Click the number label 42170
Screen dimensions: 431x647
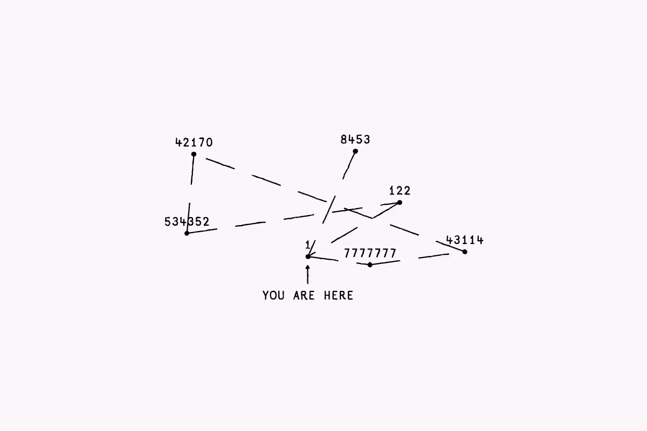pyautogui.click(x=194, y=143)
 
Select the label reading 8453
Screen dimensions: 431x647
pyautogui.click(x=355, y=140)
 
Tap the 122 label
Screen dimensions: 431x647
pyautogui.click(x=400, y=191)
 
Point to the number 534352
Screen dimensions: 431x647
pyautogui.click(x=187, y=222)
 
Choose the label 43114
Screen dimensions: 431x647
pyautogui.click(x=465, y=240)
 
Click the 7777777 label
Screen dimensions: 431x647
pyautogui.click(x=370, y=253)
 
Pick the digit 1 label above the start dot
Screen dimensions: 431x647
pyautogui.click(x=308, y=246)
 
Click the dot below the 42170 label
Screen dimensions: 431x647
pyautogui.click(x=194, y=155)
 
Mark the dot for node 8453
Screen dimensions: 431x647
pyautogui.click(x=355, y=151)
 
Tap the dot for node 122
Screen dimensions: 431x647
pyautogui.click(x=400, y=203)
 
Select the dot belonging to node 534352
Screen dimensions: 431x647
pyautogui.click(x=187, y=233)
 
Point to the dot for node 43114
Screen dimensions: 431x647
pyautogui.click(x=465, y=252)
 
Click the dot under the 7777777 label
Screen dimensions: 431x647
pyautogui.click(x=370, y=265)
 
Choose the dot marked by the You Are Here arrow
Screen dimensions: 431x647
pyautogui.click(x=308, y=256)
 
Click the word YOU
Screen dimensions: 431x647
pyautogui.click(x=274, y=295)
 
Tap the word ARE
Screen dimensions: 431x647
pyautogui.click(x=304, y=295)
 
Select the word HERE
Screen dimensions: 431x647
pyautogui.click(x=339, y=295)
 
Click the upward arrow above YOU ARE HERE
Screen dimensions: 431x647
pyautogui.click(x=308, y=274)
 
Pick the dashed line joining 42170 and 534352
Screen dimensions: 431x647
pyautogui.click(x=190, y=194)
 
